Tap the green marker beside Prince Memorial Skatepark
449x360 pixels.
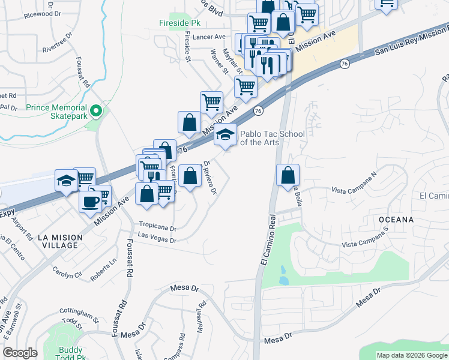point(95,112)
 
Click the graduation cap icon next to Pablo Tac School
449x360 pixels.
point(226,135)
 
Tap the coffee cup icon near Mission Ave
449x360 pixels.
point(91,201)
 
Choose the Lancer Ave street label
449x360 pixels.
point(208,37)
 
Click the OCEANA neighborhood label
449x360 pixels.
point(396,220)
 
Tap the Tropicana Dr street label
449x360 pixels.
point(157,229)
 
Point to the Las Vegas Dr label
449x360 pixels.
point(157,240)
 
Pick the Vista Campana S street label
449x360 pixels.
point(366,245)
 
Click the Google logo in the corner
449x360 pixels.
point(20,353)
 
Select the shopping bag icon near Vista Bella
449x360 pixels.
point(288,175)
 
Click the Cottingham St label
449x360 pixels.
point(79,314)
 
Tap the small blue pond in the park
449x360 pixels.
point(283,279)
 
